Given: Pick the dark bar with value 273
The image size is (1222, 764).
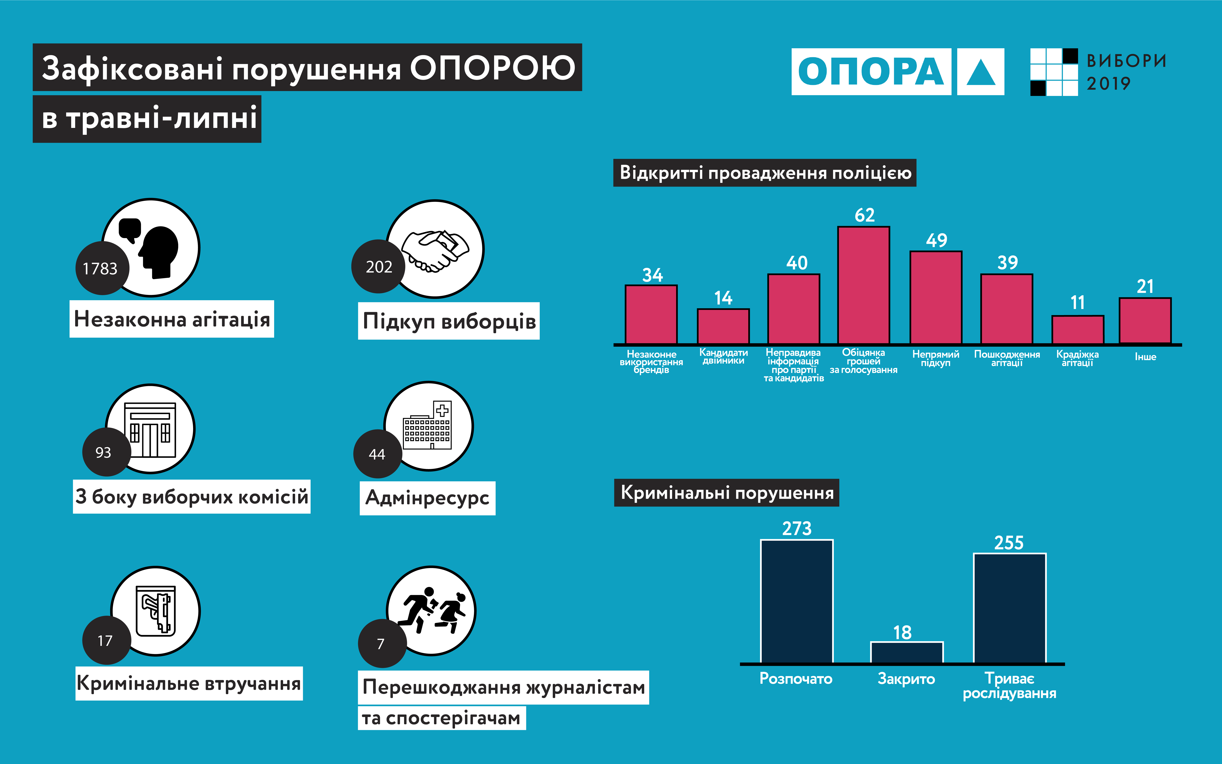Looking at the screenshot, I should [x=797, y=601].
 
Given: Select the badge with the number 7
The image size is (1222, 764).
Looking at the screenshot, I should [x=381, y=643].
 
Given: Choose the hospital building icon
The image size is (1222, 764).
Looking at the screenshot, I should [x=428, y=425].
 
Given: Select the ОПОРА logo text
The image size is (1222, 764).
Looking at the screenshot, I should [x=871, y=72].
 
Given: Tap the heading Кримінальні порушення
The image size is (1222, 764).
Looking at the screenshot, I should [x=726, y=493].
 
